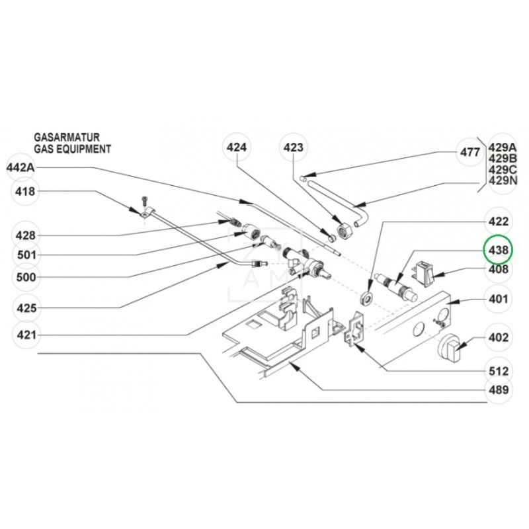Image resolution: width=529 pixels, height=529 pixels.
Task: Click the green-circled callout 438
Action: click(498, 250)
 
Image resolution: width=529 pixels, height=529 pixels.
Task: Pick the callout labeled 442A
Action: click(20, 168)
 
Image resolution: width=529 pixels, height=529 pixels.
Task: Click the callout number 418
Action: click(26, 192)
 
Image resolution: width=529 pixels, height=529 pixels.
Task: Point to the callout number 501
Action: click(26, 255)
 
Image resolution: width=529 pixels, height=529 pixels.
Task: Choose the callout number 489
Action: click(498, 389)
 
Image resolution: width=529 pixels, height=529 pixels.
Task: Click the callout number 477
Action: click(470, 152)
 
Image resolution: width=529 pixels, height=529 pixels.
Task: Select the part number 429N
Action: click(503, 181)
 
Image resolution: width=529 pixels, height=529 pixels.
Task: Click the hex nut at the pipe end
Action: click(345, 231)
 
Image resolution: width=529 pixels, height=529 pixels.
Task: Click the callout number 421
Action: click(26, 336)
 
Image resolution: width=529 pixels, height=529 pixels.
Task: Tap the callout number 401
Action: click(498, 299)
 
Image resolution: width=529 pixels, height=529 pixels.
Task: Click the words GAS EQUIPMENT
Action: click(73, 149)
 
